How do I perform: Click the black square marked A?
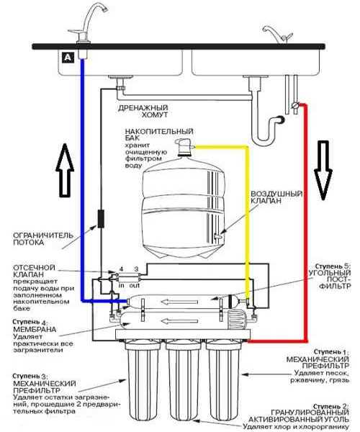click(68, 58)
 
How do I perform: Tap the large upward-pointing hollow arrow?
click(65, 170)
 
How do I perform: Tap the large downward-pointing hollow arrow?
click(323, 170)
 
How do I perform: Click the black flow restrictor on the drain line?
click(101, 219)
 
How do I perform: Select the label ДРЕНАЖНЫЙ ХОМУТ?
click(143, 111)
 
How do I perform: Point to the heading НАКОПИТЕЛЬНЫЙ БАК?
click(159, 134)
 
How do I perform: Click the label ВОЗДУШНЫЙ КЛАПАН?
click(276, 197)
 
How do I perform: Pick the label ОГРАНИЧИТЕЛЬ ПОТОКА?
click(43, 239)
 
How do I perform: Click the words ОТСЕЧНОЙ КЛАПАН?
click(34, 271)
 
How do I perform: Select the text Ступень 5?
click(333, 266)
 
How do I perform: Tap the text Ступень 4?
click(30, 322)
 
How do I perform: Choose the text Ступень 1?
click(331, 352)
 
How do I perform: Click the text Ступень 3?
click(30, 376)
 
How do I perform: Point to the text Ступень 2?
click(330, 406)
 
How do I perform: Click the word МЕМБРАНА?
click(35, 329)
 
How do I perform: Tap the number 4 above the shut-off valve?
click(121, 269)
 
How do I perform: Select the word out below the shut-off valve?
click(135, 285)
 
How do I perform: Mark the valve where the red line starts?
click(295, 105)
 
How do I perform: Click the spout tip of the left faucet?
click(105, 10)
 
